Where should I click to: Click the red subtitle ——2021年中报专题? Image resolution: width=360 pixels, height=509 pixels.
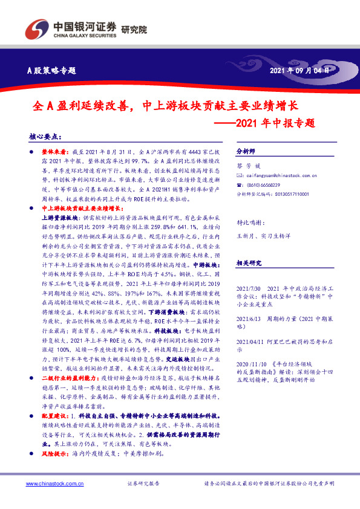tap(267, 123)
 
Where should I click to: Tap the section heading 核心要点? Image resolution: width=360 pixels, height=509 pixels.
tap(45, 137)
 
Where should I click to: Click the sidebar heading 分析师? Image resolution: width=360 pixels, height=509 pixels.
tap(246, 151)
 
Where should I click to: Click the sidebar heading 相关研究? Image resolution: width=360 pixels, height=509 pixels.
tap(248, 263)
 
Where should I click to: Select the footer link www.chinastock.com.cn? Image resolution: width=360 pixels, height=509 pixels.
tap(51, 484)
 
